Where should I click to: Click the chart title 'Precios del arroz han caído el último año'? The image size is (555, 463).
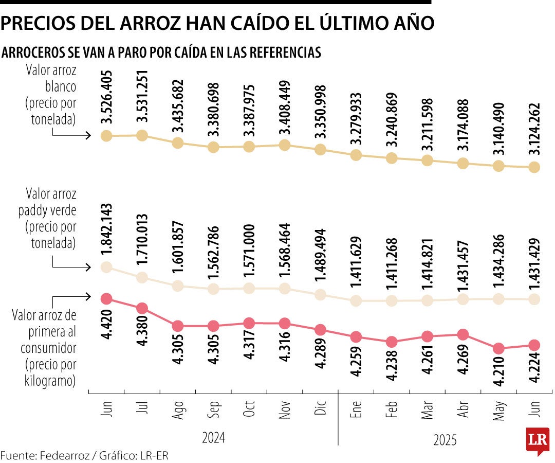coord(218,23)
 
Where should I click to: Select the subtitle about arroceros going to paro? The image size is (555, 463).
coord(161,52)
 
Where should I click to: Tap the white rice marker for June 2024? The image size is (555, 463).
coord(106,136)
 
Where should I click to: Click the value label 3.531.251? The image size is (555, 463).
coord(142,97)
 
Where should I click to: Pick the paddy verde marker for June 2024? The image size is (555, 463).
coord(106,267)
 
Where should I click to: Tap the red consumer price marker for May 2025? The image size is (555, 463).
coord(498,348)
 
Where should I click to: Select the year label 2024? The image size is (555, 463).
coord(213,438)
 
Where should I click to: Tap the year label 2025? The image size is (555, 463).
coord(445,440)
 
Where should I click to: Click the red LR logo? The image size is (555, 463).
coord(537,440)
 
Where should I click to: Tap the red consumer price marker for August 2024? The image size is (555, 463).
coord(178,326)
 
